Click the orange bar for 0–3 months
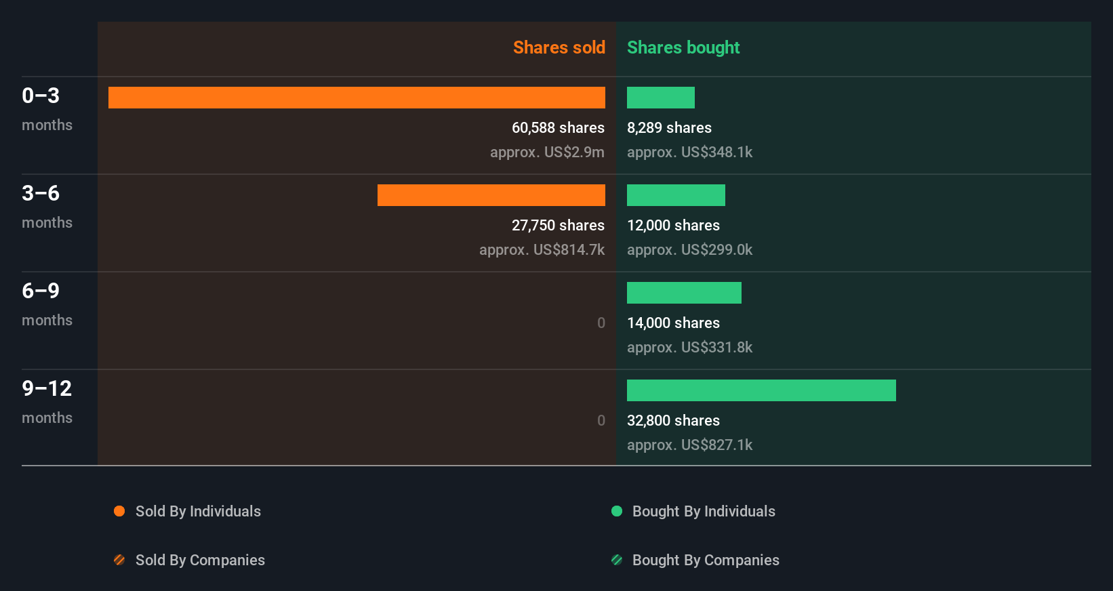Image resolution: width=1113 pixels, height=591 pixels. coord(357,98)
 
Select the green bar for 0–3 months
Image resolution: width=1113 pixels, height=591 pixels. coord(660,98)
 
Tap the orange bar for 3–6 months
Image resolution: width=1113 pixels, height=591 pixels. coord(491,195)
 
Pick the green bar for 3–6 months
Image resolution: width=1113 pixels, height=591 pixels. coord(676,195)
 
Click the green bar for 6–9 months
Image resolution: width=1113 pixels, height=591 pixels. coord(684,293)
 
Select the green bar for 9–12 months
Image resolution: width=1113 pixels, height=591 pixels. coord(761,390)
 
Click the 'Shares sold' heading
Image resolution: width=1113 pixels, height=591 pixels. coord(559,47)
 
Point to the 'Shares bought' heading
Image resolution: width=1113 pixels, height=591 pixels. coord(683,47)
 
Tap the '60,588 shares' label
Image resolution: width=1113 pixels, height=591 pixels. coord(558,127)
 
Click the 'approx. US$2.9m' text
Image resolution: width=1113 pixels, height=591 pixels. coord(547,152)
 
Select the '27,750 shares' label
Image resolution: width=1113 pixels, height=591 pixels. coord(558,225)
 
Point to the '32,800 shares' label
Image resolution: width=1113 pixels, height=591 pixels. coord(673,420)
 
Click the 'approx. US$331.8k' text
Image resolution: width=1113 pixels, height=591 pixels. coord(689,347)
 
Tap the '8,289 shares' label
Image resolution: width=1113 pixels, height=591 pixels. coord(669,127)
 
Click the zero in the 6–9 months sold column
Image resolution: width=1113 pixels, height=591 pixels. coord(601,323)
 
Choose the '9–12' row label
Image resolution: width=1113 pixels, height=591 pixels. coord(47,388)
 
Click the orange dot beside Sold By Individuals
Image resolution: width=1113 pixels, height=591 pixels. coord(119,511)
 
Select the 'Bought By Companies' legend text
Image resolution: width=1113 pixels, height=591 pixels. coord(706,560)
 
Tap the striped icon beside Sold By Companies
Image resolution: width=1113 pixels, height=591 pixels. coord(119,560)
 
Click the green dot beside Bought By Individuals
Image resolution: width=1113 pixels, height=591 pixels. coord(617,511)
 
